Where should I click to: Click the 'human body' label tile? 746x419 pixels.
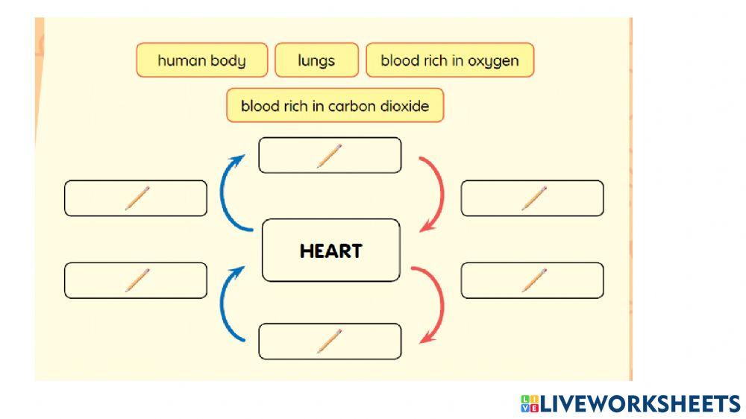coord(201,60)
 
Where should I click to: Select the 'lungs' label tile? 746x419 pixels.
coord(316,60)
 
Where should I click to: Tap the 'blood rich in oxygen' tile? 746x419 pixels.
coord(450,60)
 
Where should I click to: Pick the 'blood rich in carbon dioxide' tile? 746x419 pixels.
coord(335,106)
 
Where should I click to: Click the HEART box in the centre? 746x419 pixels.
coord(330,251)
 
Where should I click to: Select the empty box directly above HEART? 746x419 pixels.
coord(330,155)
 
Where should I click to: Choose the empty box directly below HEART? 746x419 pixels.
coord(330,341)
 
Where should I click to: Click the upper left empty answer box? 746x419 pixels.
coord(136,198)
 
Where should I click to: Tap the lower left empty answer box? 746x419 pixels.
coord(136,280)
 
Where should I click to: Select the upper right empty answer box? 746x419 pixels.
coord(532,198)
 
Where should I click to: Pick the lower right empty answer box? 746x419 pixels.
coord(532,280)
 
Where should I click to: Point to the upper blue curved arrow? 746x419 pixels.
coord(226,190)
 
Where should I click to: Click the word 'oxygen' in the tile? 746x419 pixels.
coord(494,61)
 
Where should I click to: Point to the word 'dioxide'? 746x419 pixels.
coord(404,106)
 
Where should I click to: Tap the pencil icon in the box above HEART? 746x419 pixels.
coord(329,155)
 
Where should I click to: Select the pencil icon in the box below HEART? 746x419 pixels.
coord(329,341)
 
